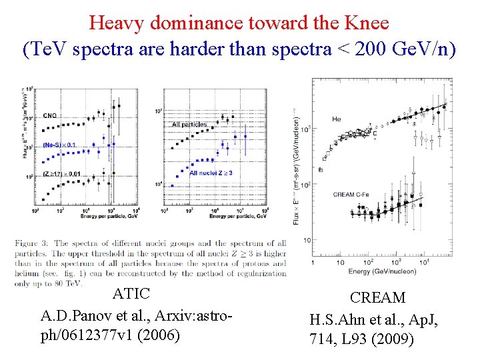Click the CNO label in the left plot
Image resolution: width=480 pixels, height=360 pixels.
50,116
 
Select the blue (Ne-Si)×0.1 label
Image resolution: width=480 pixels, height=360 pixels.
59,145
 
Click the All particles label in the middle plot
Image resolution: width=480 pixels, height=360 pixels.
189,125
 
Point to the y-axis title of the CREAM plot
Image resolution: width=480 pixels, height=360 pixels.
297,167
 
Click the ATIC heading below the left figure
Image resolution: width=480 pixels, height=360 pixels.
131,294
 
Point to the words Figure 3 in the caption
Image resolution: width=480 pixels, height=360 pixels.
33,243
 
